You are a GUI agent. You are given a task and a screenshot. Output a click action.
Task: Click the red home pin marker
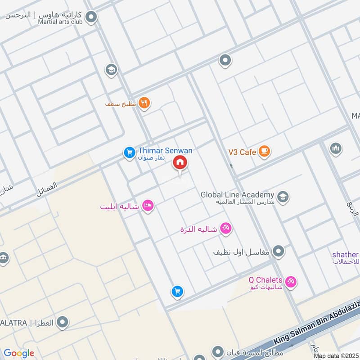[180, 163]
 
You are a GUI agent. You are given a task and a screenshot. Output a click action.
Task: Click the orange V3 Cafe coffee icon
[264, 152]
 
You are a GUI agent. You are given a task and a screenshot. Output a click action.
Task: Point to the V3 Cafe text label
[242, 152]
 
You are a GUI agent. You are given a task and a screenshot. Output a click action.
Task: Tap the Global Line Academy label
[237, 195]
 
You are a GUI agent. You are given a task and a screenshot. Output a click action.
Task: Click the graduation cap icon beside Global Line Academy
[283, 197]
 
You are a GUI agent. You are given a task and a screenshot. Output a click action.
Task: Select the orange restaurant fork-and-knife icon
[144, 103]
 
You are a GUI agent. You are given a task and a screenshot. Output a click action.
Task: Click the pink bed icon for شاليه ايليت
[148, 206]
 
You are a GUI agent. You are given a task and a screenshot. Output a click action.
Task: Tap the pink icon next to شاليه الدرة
[226, 229]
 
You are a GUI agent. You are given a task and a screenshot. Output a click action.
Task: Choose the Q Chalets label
[265, 280]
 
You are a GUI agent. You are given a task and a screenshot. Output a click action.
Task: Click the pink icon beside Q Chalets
[291, 282]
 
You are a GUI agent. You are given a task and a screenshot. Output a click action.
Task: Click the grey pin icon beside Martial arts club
[92, 18]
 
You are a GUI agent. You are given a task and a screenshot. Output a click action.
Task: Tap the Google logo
[19, 353]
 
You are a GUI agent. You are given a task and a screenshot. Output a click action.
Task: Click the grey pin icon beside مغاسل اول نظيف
[279, 252]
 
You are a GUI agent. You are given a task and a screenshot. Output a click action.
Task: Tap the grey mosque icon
[335, 148]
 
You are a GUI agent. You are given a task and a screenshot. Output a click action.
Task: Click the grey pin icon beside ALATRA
[63, 322]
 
